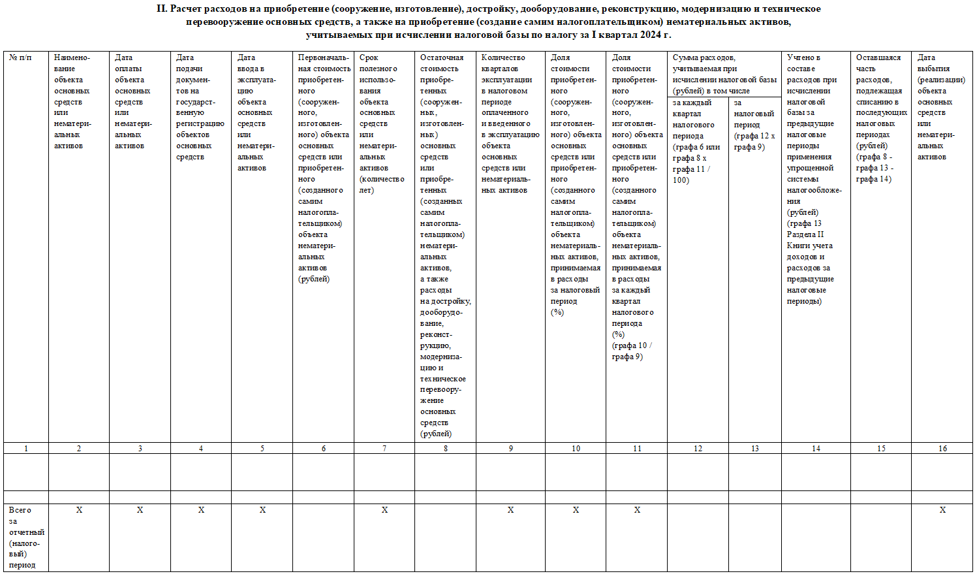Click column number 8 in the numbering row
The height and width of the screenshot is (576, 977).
(445, 449)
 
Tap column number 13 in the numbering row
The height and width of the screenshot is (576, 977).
(755, 449)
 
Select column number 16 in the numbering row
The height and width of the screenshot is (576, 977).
(942, 449)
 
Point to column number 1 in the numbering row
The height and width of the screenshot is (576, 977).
(26, 449)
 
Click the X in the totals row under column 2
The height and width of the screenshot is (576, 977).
(79, 510)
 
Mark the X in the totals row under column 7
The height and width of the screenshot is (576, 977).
(384, 510)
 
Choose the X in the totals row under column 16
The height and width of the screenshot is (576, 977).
(942, 510)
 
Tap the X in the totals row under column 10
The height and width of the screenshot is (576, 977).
(576, 510)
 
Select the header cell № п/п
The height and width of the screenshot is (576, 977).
(20, 58)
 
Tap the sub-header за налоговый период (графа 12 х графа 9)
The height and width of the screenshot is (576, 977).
(754, 125)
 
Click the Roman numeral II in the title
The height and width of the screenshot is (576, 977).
(162, 9)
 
